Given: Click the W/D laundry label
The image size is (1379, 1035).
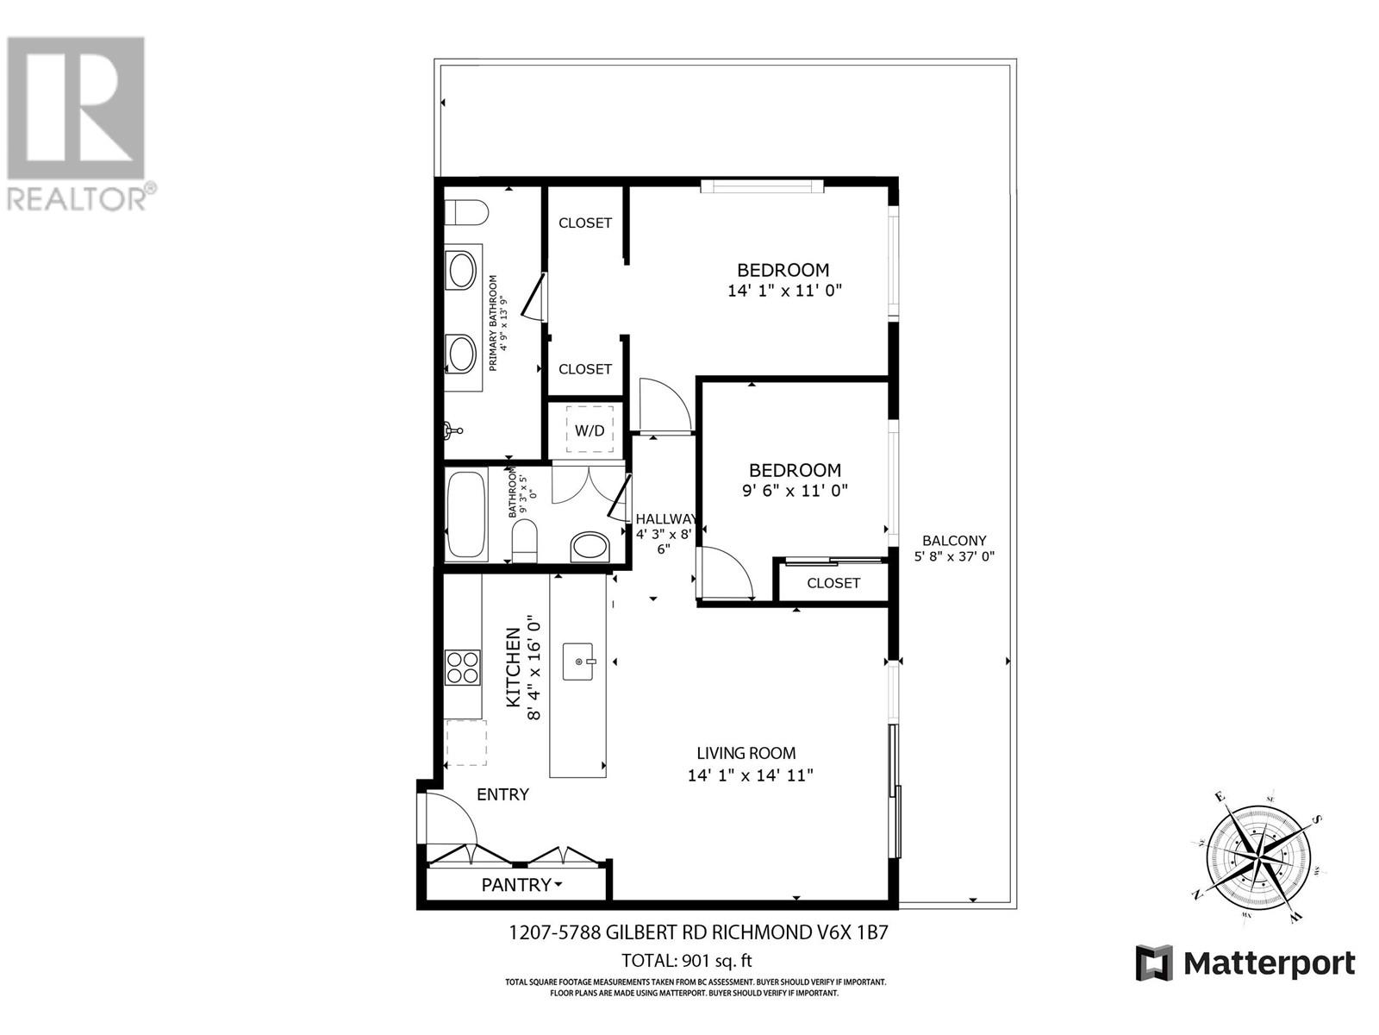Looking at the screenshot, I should click(x=590, y=430).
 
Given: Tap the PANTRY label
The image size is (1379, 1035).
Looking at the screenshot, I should click(x=516, y=884).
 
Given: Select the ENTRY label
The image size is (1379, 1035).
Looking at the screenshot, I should click(x=502, y=794).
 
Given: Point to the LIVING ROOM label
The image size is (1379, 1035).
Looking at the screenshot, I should click(x=746, y=753).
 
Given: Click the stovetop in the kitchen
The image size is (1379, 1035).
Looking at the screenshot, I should click(x=462, y=667).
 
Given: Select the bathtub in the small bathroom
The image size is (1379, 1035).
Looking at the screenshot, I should click(x=466, y=514).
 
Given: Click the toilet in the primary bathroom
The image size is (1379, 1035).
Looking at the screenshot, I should click(x=466, y=211).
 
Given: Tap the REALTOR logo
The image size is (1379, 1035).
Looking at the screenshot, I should click(x=78, y=121).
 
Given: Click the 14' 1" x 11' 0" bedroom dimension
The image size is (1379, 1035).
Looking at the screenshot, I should click(x=784, y=291).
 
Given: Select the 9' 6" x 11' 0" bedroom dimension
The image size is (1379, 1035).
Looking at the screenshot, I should click(x=794, y=491).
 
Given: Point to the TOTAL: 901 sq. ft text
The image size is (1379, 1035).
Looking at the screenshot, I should click(x=687, y=960).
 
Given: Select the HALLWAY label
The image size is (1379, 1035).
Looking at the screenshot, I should click(x=665, y=518).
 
